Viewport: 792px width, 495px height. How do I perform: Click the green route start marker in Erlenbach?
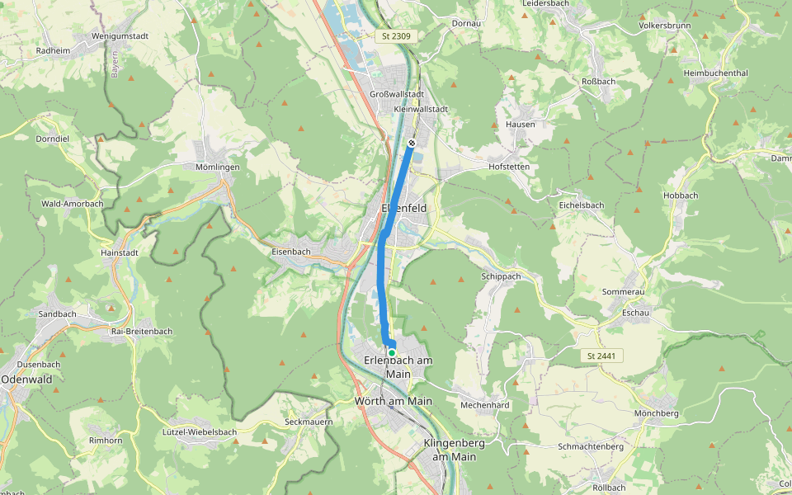coord(392,353)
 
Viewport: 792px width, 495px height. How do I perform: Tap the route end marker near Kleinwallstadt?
coord(412,143)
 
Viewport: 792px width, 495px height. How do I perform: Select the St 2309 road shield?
coord(397,36)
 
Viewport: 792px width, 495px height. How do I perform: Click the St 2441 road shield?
coord(601,356)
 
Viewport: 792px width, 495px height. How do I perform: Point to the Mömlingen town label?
coord(218,167)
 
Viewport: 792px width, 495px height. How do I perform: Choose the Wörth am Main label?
coord(393,401)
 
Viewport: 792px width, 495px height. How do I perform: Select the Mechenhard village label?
coord(484,405)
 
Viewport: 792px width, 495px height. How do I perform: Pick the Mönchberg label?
coord(657,412)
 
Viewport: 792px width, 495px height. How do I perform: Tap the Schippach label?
coord(501,276)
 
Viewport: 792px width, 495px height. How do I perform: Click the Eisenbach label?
coord(290,251)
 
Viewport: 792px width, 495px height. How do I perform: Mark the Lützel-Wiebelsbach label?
coord(200,431)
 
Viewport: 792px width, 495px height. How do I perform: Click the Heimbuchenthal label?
coord(715,73)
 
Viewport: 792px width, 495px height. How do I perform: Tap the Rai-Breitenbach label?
coord(141,331)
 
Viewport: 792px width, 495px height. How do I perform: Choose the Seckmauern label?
coord(308,422)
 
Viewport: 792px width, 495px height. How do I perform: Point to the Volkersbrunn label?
coord(664,25)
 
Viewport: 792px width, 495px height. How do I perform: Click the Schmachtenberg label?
coord(590,446)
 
